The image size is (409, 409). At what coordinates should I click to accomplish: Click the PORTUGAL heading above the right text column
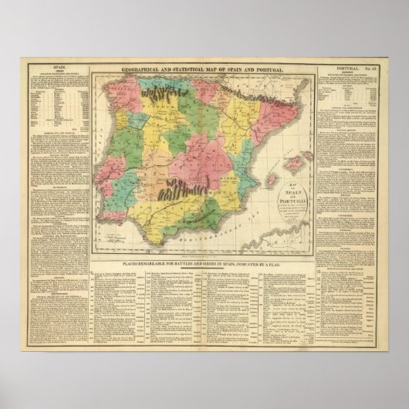click(342, 69)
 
